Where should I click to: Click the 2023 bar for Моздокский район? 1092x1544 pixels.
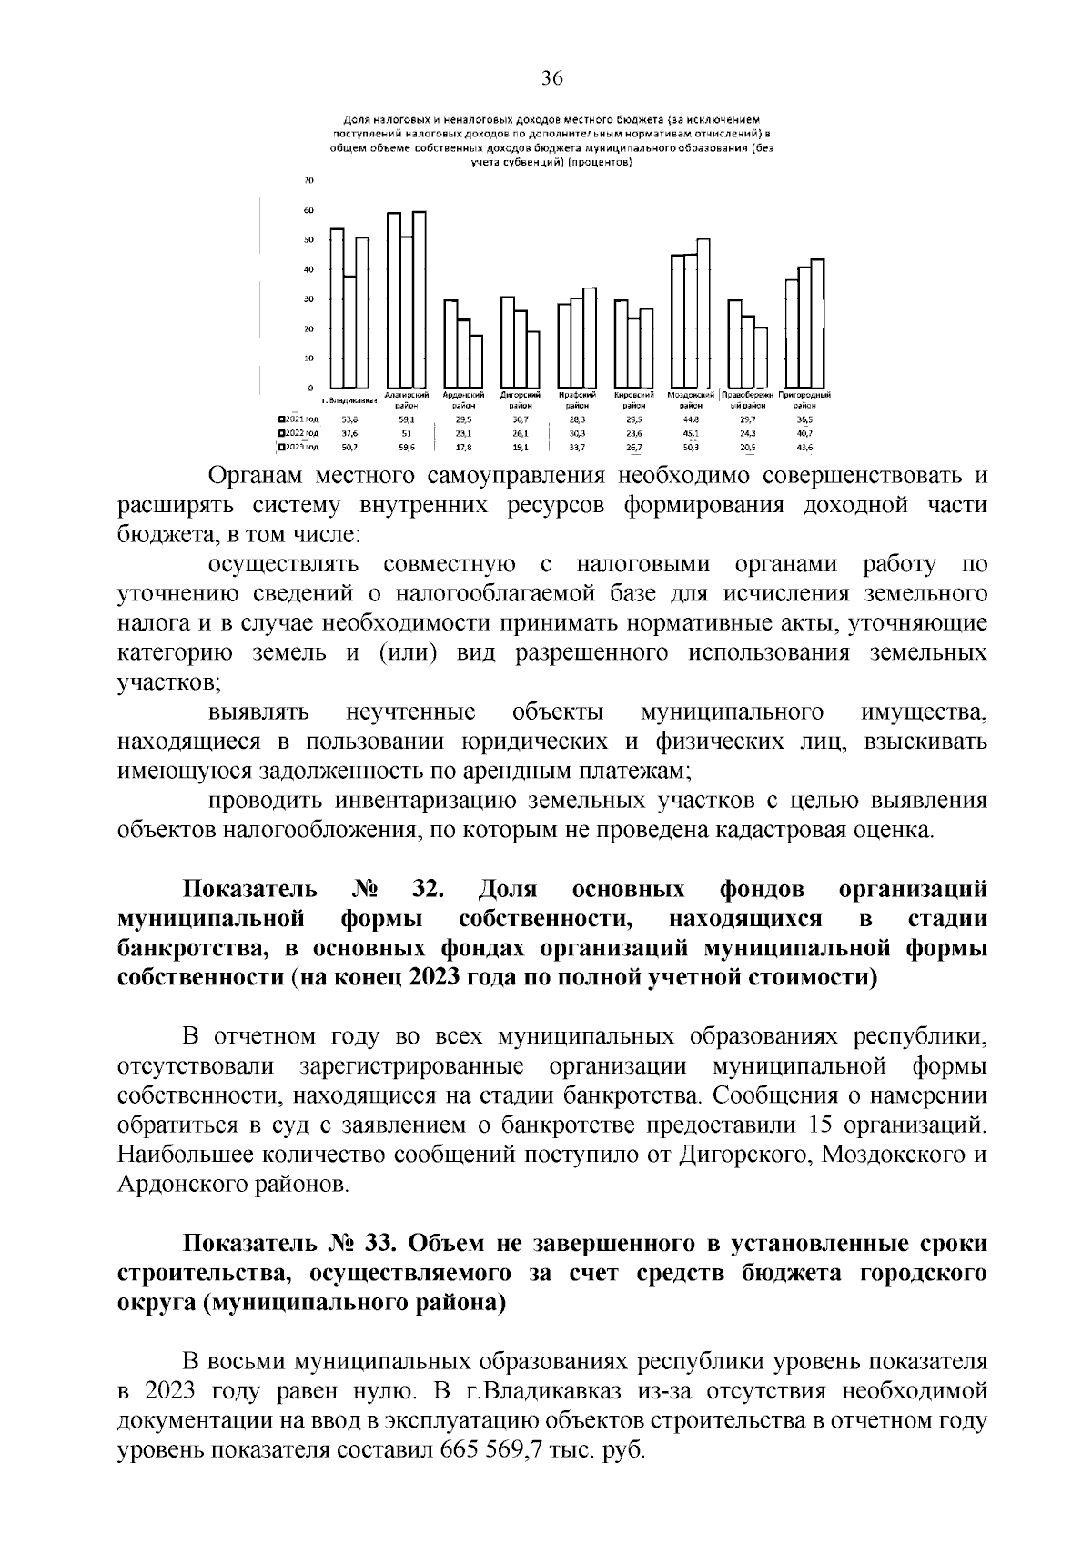(x=703, y=314)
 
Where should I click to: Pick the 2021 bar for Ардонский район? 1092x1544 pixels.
(x=450, y=344)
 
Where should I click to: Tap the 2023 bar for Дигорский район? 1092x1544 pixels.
(x=533, y=359)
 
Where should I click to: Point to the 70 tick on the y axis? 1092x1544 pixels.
(x=308, y=180)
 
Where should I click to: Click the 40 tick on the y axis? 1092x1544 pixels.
(x=308, y=269)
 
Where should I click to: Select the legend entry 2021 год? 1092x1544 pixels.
(x=300, y=420)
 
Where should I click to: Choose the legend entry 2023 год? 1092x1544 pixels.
(x=300, y=448)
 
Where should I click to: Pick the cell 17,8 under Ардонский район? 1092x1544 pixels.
(x=462, y=448)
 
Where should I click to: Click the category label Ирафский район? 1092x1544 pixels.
(x=577, y=400)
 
